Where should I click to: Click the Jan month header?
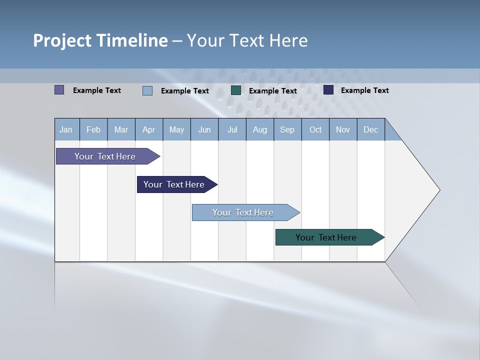click(x=66, y=129)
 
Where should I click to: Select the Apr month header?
click(x=149, y=129)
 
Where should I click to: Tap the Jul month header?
click(x=232, y=129)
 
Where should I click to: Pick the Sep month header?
click(x=287, y=129)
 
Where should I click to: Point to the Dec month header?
click(x=370, y=129)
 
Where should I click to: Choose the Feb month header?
click(x=93, y=129)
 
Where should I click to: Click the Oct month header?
click(x=315, y=129)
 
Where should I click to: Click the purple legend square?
click(x=59, y=90)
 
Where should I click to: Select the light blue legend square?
click(x=147, y=90)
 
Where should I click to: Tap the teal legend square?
click(x=236, y=90)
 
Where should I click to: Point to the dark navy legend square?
click(x=328, y=90)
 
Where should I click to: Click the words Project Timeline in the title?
click(x=100, y=40)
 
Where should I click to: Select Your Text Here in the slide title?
click(x=247, y=40)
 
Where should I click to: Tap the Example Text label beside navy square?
click(x=364, y=90)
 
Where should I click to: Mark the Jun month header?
click(x=204, y=129)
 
